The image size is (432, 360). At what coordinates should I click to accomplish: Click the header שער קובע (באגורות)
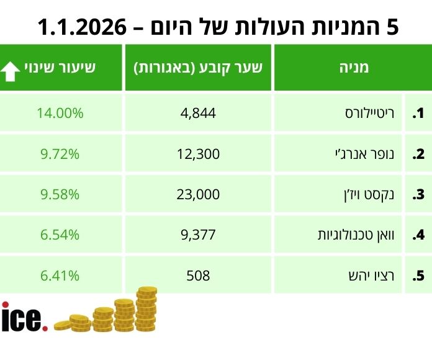click(x=199, y=68)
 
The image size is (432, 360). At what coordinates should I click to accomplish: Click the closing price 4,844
click(x=199, y=114)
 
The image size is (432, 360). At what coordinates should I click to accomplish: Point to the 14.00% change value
click(x=61, y=114)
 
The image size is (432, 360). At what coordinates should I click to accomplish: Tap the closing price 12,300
click(x=199, y=154)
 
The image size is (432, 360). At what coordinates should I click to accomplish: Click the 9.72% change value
click(x=61, y=154)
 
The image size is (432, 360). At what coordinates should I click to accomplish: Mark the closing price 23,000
click(x=199, y=195)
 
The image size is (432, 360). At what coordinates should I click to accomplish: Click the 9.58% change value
click(x=61, y=195)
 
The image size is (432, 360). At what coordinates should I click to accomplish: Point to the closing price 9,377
click(x=199, y=235)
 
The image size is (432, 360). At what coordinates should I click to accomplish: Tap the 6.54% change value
click(x=61, y=235)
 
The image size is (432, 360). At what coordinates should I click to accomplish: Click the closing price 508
click(x=199, y=276)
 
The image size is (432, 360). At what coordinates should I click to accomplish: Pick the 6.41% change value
click(x=61, y=276)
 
